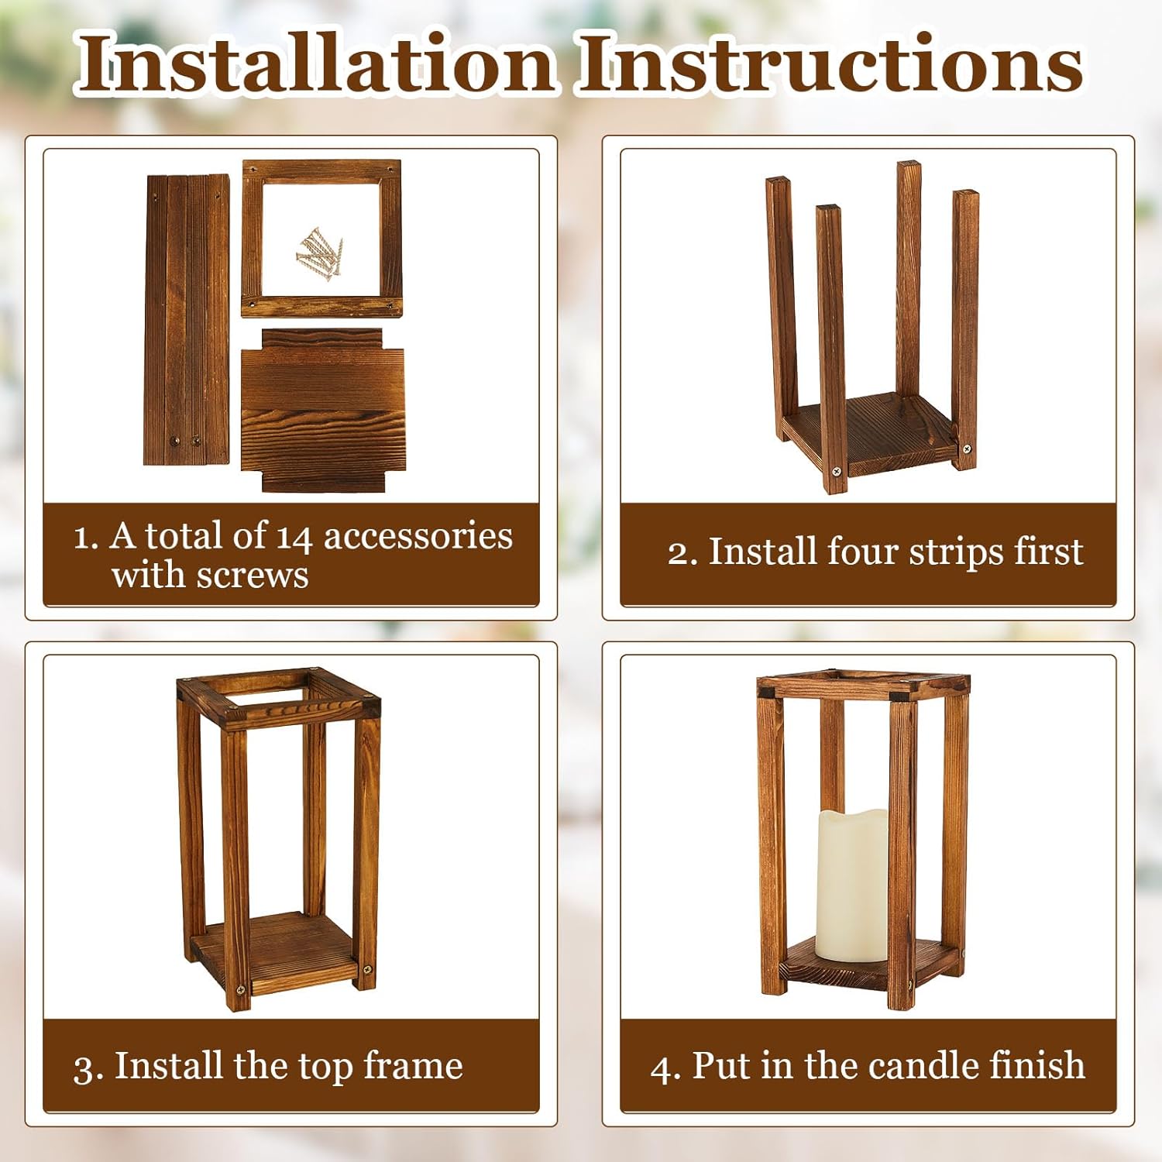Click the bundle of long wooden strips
coord(187,319)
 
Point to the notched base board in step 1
coord(322,411)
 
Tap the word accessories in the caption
coord(418,536)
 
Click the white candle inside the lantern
coord(852,883)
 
